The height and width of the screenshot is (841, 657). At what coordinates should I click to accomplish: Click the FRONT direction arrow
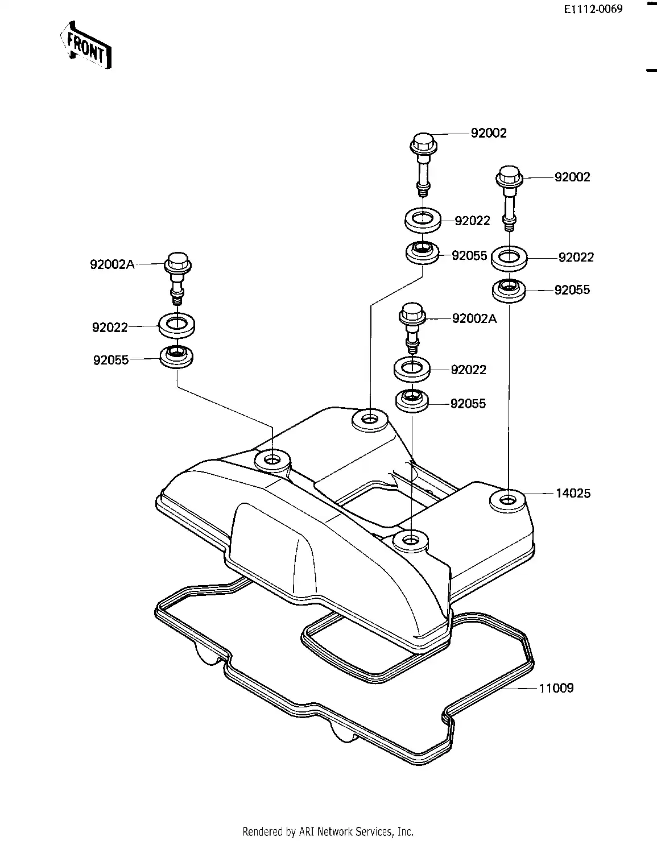point(85,45)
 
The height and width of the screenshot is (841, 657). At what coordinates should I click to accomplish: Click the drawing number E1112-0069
point(593,9)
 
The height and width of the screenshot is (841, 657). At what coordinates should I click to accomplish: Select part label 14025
point(573,494)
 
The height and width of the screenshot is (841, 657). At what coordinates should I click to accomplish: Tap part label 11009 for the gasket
point(556,688)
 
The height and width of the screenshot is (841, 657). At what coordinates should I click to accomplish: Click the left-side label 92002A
point(112,264)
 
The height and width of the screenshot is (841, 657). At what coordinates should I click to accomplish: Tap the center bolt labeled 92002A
point(412,328)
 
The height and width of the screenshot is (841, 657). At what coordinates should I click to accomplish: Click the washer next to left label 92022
point(178,325)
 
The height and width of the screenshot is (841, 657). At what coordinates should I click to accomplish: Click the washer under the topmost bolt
point(423,219)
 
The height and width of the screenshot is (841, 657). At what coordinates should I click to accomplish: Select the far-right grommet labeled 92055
point(509,290)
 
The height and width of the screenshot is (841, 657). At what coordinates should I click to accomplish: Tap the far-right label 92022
point(576,258)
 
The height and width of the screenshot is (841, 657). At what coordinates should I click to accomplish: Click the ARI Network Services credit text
point(328,831)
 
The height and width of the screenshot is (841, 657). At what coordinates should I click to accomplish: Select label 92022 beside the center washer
point(468,370)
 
